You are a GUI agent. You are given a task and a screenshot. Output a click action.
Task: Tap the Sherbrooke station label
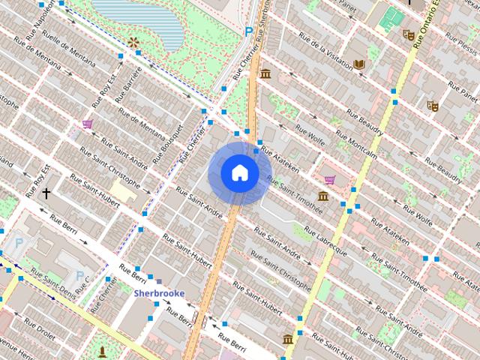[159, 293]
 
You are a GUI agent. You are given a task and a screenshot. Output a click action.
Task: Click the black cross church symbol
[46, 193]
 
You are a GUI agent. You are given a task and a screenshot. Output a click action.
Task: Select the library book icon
[359, 64]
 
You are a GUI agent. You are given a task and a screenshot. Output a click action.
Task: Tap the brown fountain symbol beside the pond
[133, 43]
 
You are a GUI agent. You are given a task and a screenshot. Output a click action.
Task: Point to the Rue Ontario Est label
[429, 22]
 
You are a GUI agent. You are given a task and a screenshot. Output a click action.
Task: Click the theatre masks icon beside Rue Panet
[433, 106]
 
